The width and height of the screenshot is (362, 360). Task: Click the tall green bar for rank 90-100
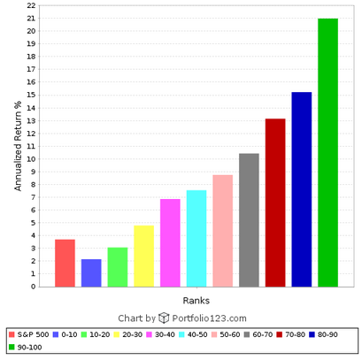coord(327,152)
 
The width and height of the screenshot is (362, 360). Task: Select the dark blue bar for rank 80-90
coord(301,189)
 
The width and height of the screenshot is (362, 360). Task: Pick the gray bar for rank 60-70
coord(249,220)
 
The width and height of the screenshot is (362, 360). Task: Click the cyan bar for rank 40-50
coord(196,238)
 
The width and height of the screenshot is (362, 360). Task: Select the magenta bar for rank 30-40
coord(170,242)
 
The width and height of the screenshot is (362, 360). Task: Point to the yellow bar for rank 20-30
coord(143,256)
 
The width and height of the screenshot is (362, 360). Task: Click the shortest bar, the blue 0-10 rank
coord(91,272)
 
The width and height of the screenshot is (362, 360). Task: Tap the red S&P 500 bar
coord(65,263)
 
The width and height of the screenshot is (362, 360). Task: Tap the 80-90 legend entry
coord(335,334)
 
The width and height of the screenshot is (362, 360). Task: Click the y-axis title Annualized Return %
coord(18,146)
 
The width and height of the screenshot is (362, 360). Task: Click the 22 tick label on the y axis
coord(31,5)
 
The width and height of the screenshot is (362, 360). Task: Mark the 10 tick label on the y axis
coord(31,159)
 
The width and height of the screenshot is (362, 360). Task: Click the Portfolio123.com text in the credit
coord(209,318)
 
